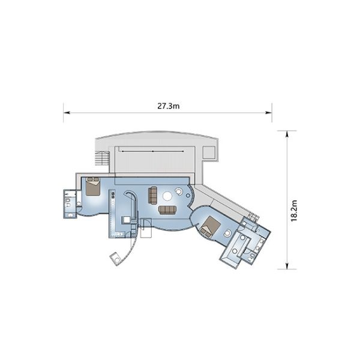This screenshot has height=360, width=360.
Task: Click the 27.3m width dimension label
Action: coord(168,106)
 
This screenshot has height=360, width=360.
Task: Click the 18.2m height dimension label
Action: coord(294,211)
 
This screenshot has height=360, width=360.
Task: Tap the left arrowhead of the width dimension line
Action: coord(67,113)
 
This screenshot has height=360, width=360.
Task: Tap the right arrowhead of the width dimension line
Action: coord(269,113)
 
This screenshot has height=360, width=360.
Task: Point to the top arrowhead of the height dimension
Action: coord(287,134)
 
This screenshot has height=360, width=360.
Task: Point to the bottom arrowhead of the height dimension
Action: coord(287,266)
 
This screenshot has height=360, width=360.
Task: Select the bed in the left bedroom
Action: coord(93,186)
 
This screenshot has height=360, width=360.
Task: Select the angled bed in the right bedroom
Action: coord(209,226)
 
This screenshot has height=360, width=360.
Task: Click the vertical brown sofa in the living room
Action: coord(152,195)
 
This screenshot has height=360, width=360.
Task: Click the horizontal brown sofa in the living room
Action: coord(167,210)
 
